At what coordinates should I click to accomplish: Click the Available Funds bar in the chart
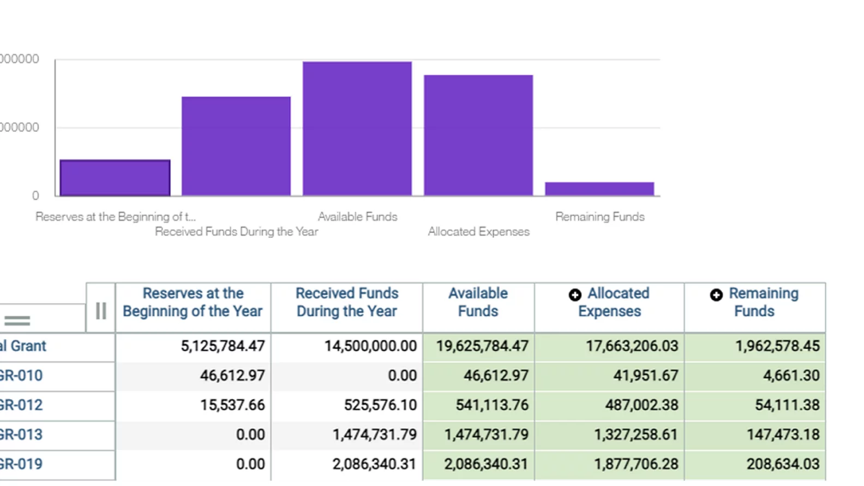coord(357,129)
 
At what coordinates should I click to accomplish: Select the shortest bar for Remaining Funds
coord(599,189)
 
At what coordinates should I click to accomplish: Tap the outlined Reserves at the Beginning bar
coord(115,178)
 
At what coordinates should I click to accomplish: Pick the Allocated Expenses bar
coord(478,135)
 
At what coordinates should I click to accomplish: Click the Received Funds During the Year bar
coord(236,146)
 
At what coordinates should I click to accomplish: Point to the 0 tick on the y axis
coord(35,195)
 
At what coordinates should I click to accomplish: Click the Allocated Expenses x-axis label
coord(478,232)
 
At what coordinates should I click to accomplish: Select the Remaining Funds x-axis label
coord(599,217)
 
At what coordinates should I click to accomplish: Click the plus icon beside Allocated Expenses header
coord(575,295)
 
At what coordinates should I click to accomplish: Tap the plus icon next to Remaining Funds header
coord(716,295)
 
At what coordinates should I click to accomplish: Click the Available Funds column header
coord(478,302)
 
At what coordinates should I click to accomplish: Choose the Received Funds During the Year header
coord(347,302)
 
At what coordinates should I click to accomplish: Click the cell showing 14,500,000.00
coord(370,346)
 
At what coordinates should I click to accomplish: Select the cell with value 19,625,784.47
coord(482,346)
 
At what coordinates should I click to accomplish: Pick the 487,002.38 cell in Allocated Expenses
coord(641,405)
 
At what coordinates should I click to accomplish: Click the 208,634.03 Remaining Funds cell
coord(783,464)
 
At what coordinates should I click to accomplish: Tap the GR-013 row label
coord(22,435)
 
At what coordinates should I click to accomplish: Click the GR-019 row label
coord(22,464)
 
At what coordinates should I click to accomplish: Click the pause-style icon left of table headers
coord(101,311)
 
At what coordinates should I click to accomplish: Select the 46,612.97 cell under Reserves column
coord(232,376)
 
